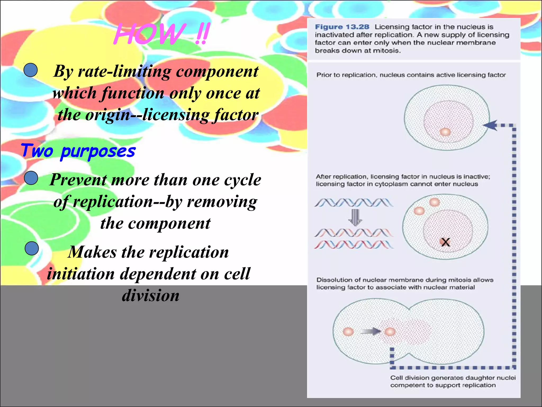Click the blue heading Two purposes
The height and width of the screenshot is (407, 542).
pos(78,151)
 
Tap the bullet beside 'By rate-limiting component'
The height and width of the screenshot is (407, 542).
pos(31,70)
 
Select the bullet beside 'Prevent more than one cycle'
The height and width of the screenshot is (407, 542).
pos(31,178)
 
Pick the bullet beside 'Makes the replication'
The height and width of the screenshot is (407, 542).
pos(32,249)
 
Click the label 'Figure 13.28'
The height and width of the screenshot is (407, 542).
pos(342,27)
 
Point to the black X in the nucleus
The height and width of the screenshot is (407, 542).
pos(445,242)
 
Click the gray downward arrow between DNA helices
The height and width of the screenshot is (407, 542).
pos(355,217)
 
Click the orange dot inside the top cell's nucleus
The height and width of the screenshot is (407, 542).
pos(445,132)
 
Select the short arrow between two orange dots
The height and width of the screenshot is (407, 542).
pos(371,331)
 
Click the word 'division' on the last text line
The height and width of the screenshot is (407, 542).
pos(151,295)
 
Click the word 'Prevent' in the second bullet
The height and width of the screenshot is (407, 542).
pos(78,180)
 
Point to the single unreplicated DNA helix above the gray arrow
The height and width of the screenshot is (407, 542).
pos(354,203)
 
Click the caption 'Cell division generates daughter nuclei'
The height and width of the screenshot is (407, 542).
pos(453,378)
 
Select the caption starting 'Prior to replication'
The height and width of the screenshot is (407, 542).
pos(411,75)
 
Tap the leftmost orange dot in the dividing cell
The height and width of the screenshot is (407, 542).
pos(348,331)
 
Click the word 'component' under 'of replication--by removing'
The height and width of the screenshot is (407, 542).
pos(169,223)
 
